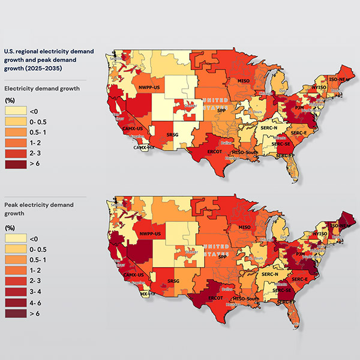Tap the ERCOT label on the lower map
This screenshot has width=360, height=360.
coord(215,297)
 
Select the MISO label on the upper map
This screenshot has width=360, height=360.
coord(244,80)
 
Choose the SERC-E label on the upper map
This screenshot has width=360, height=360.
coord(298,133)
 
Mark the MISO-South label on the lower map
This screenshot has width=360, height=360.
coord(246,298)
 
